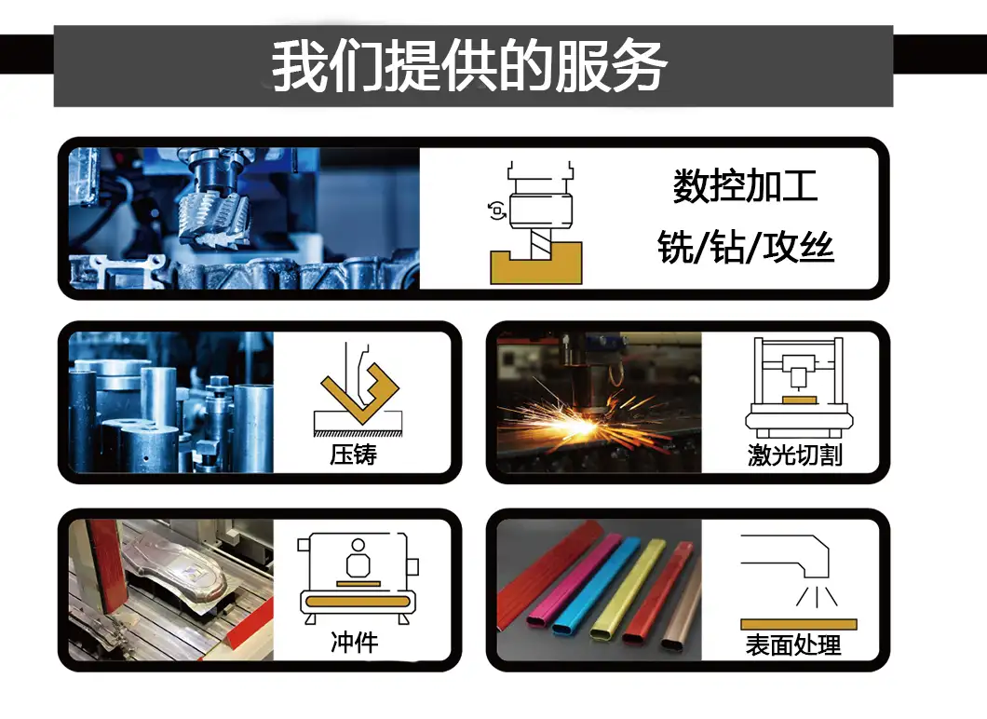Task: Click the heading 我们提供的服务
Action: [469, 66]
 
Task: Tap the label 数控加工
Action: [745, 186]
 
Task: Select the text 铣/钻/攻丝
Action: [745, 247]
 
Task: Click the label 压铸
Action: [353, 454]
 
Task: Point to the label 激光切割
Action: [795, 454]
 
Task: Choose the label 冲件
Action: [355, 643]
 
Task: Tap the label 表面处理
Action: [793, 645]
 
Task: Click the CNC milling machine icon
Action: [536, 223]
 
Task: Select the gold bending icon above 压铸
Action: [358, 394]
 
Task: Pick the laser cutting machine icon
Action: [799, 387]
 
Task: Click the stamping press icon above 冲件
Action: [358, 578]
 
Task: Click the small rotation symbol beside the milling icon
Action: [496, 210]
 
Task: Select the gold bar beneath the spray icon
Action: [799, 625]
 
